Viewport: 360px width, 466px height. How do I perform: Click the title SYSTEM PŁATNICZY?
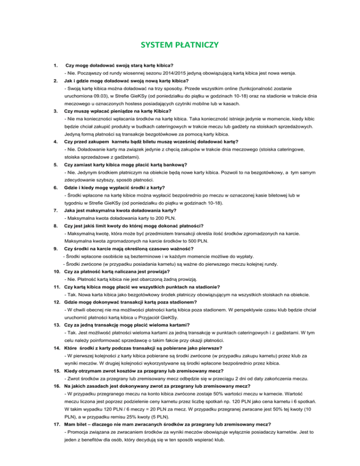click(180, 46)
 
